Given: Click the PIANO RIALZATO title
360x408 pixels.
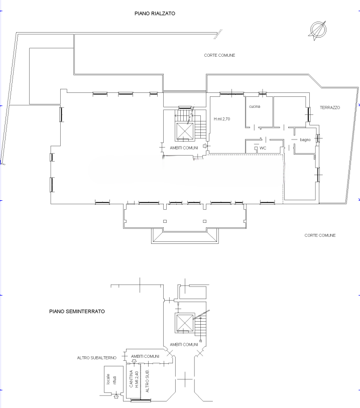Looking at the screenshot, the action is pos(155,14).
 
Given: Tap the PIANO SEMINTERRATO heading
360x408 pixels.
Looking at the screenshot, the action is pos(77,312).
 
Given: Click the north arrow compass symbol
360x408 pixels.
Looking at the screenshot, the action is pos(318,31).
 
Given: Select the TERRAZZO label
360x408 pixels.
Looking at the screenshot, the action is pos(330,107).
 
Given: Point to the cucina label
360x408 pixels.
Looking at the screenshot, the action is pos(255,106).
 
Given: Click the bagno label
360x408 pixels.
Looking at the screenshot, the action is pos(305,140).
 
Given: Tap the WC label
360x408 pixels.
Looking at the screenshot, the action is pos(263,148).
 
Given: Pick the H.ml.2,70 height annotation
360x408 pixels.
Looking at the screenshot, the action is pos(222,119).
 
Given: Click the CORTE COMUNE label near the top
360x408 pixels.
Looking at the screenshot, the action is pos(219,55).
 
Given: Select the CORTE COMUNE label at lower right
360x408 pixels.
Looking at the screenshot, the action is pos(320,235).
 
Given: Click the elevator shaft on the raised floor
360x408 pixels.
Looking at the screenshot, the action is pos(185,131).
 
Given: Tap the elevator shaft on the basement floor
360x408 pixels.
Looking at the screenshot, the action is pos(185,323).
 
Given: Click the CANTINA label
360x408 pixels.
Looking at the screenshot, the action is pos(131,378).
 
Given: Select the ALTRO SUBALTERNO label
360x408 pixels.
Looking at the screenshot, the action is pos(96,358).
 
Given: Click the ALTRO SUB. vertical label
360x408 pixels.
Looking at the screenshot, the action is pos(147,381).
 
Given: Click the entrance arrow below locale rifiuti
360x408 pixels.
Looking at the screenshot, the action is pos(116,396).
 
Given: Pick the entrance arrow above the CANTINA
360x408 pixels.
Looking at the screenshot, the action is pos(134,361).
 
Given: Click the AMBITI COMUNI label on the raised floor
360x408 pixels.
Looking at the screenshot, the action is pos(184,148).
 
